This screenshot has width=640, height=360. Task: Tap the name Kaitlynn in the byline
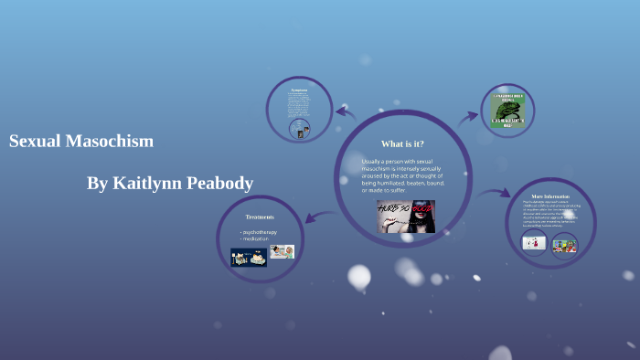pyautogui.click(x=146, y=184)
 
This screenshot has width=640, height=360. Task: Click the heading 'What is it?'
pyautogui.click(x=402, y=143)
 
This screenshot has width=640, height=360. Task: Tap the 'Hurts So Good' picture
pyautogui.click(x=406, y=216)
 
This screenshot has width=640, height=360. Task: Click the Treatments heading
pyautogui.click(x=260, y=217)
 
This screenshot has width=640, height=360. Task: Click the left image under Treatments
pyautogui.click(x=248, y=256)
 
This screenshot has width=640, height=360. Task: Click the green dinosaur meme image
pyautogui.click(x=507, y=109)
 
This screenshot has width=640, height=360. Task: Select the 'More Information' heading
pyautogui.click(x=550, y=196)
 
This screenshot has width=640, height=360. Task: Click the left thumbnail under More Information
pyautogui.click(x=534, y=243)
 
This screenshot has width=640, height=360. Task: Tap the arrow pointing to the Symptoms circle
pyautogui.click(x=346, y=112)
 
